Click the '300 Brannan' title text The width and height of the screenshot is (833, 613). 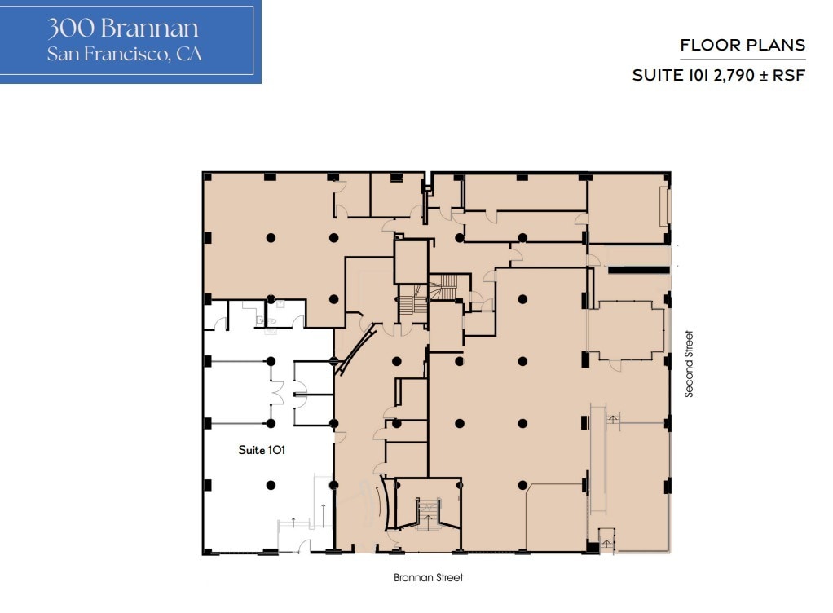123,29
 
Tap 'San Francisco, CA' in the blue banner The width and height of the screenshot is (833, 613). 124,55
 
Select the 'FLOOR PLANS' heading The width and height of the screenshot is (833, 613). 743,45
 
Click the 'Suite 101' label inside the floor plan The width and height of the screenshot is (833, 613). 261,449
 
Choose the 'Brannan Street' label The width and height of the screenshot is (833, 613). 428,577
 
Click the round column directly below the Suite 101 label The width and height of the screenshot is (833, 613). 271,485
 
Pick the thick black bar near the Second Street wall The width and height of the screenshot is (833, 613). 638,269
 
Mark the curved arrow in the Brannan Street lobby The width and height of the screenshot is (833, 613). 377,505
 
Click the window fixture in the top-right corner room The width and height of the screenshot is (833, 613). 664,207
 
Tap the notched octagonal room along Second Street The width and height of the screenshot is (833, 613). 626,330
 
